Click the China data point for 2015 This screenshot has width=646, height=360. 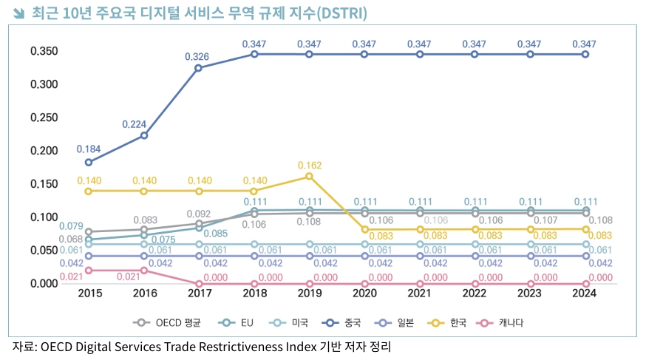tap(89, 162)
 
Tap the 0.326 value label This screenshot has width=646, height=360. tap(199, 56)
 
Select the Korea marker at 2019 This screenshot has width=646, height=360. tap(309, 176)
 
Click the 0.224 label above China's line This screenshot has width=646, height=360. tap(143, 123)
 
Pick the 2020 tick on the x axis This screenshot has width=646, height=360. tap(364, 293)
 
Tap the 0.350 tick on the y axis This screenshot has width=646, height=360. tap(44, 51)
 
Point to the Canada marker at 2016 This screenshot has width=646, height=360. tap(144, 270)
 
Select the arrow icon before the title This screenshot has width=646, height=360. tap(19, 14)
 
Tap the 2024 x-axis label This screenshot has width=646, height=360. tap(585, 293)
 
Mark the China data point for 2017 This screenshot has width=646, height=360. tap(199, 68)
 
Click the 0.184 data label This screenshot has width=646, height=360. tap(89, 149)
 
